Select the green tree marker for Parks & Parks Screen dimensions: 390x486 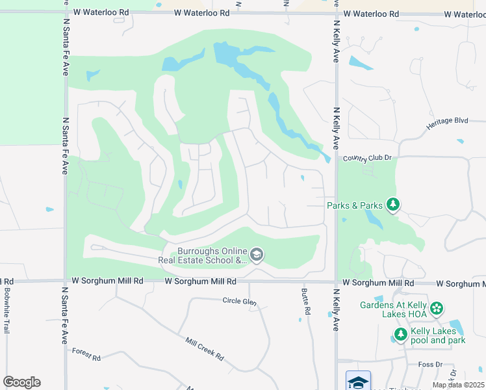click(x=392, y=205)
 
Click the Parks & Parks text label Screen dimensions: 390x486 click(x=354, y=205)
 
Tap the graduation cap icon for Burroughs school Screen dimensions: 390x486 click(x=257, y=255)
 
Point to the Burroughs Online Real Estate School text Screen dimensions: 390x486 click(x=203, y=255)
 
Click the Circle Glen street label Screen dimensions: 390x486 click(x=239, y=302)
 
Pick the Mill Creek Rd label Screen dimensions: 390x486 click(x=204, y=348)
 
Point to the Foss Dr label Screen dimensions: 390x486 click(x=429, y=365)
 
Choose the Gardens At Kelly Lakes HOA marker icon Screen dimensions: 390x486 click(x=437, y=307)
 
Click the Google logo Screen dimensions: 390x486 click(x=21, y=382)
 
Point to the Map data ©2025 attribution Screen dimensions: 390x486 click(x=457, y=385)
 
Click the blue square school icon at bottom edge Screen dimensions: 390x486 click(x=357, y=381)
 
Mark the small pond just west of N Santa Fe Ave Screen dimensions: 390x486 click(x=49, y=209)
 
